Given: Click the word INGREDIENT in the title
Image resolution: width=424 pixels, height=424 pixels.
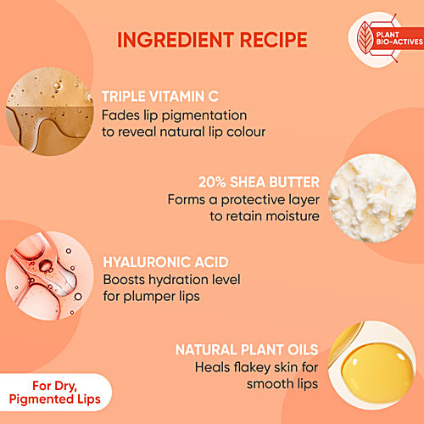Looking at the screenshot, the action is (176, 40).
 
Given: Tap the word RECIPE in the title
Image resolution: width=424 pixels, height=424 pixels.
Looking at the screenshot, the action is (274, 40).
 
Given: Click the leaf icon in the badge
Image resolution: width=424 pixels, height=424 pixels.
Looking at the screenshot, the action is (365, 37).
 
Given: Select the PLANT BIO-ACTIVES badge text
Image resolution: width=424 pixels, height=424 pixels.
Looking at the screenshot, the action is (399, 38).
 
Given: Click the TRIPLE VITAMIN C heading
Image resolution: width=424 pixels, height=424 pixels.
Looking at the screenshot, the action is (160, 97).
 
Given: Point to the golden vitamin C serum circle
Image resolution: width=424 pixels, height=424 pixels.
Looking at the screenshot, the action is (50, 111).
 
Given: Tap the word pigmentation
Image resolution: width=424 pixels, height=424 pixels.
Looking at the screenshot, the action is (204, 116).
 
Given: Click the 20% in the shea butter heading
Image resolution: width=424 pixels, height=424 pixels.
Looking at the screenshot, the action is (212, 182).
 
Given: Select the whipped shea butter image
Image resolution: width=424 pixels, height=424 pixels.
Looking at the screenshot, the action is (372, 198).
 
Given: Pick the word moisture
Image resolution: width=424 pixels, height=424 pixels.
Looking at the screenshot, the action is (293, 216).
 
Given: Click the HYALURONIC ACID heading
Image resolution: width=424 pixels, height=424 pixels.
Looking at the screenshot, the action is (165, 262).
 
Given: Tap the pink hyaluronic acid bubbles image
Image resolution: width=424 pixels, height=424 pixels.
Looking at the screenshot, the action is (50, 276).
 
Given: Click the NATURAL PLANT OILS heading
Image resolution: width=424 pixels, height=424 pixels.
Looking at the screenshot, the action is (247, 349).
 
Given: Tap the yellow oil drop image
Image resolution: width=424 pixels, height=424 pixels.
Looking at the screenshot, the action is (372, 365).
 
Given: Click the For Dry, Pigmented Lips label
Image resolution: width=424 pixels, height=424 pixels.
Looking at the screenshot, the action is (54, 393).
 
